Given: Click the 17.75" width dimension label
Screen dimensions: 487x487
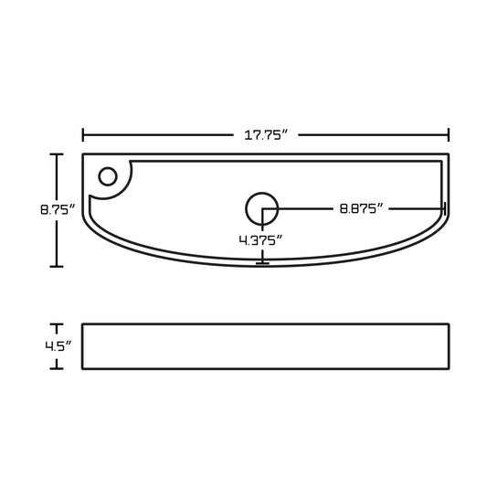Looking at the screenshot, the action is coord(266,135).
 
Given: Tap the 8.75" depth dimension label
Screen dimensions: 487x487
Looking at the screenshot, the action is coord(58,209).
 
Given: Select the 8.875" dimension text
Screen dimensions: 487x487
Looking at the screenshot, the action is coord(361,208).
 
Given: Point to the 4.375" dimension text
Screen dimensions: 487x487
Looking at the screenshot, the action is coord(260,240).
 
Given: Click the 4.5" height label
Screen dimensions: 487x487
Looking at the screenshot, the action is coord(58,346).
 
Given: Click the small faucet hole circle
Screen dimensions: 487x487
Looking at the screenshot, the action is coord(108,176).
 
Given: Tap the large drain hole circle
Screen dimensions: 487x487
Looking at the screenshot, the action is coord(262,208).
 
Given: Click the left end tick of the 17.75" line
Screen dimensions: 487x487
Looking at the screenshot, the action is coord(82,135).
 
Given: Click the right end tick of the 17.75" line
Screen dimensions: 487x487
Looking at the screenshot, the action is coord(449,135).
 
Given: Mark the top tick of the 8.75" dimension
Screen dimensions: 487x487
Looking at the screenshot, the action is coord(57,154).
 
